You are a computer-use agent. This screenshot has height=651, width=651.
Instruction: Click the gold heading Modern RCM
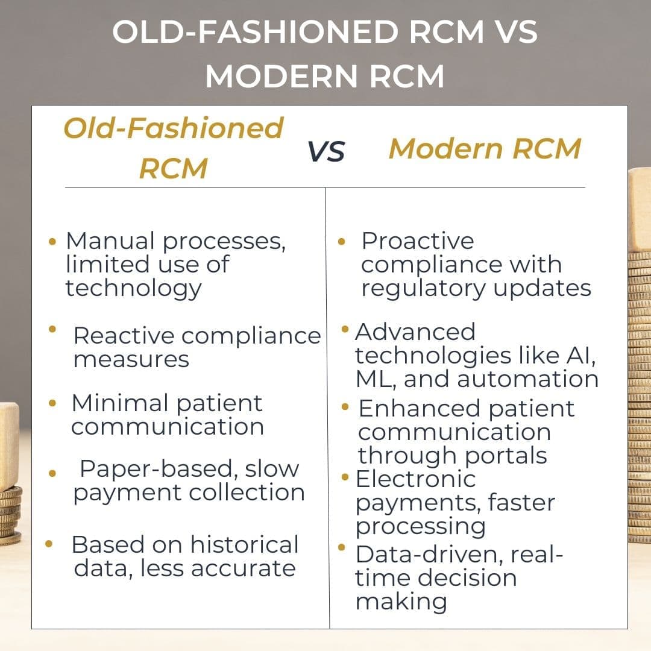485,148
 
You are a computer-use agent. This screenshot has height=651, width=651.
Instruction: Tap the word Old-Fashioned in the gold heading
174,128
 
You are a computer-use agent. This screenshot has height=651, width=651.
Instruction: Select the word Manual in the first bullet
111,241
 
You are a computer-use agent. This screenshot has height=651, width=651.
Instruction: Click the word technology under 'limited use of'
133,288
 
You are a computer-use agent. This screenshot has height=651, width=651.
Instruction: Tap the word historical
245,544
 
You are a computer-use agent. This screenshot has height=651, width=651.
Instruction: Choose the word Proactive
417,241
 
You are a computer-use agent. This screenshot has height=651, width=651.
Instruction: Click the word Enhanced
419,409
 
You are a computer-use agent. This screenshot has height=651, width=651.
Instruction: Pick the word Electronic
416,479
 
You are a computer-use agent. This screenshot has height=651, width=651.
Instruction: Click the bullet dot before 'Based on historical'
49,544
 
